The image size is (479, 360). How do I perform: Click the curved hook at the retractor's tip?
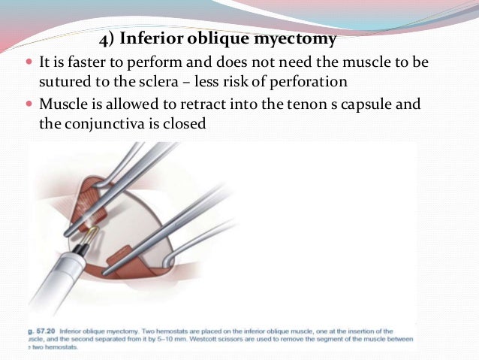175,253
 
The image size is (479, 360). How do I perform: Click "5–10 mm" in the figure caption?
212,338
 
